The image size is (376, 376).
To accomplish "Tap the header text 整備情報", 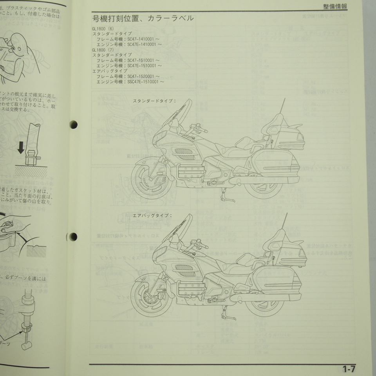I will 335,6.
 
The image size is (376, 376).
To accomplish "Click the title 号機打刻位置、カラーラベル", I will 143,18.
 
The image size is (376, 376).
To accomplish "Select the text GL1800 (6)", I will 103,29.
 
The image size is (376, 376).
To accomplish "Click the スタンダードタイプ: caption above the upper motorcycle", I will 154,101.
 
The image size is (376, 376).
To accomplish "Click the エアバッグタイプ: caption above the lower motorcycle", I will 152,215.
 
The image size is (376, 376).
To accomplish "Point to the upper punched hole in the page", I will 73,125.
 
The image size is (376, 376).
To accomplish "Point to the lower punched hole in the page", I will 73,237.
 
